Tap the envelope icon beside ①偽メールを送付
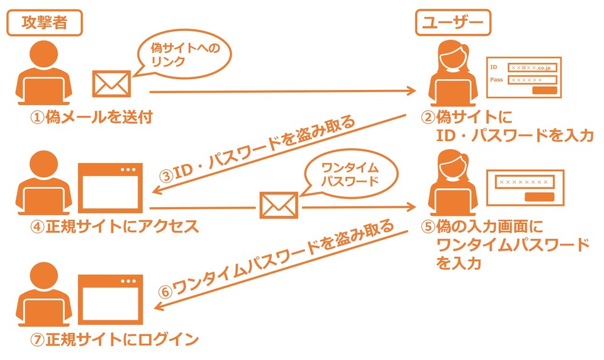coord(112,83)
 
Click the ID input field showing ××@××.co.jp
coord(532,67)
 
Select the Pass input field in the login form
coord(532,80)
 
